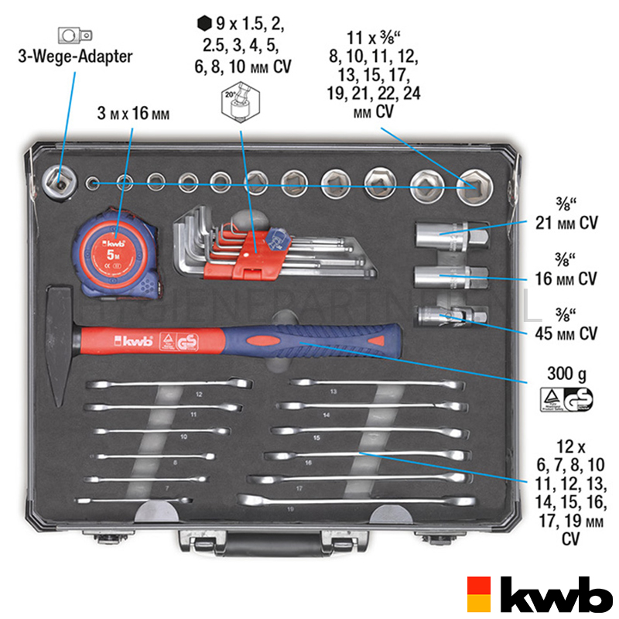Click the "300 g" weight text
coord(563,375)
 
